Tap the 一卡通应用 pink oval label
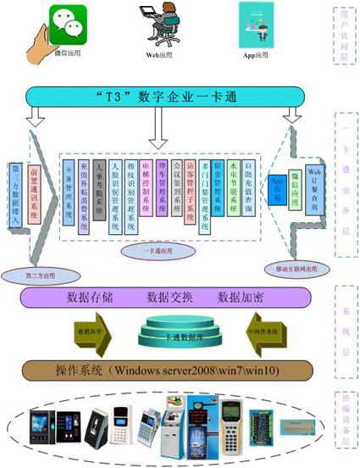(x=150, y=252)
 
